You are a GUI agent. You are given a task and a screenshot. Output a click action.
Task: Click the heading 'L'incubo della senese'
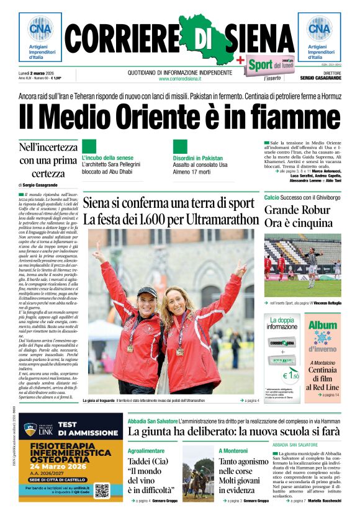(x=107, y=158)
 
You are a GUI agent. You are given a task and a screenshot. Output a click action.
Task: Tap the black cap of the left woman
(x=147, y=290)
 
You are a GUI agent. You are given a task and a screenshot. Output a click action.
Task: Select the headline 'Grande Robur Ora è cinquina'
(x=299, y=216)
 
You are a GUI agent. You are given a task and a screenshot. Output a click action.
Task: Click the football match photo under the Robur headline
(x=302, y=265)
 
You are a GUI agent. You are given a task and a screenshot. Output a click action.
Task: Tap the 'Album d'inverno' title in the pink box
(x=323, y=336)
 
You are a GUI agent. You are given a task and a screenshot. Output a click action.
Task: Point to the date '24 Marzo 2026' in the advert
(x=61, y=466)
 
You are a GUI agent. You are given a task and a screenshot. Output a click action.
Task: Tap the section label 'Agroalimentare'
(x=146, y=450)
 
